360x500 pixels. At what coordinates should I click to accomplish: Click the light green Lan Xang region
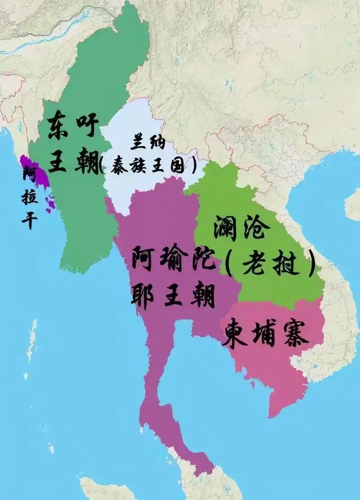(288, 288)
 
